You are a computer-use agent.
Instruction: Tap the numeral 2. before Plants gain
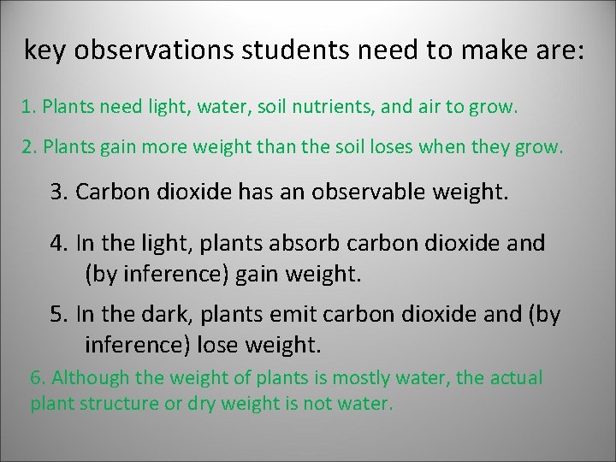pyautogui.click(x=29, y=147)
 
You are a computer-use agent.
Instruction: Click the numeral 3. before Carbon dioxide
pyautogui.click(x=60, y=192)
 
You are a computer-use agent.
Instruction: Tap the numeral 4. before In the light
pyautogui.click(x=60, y=243)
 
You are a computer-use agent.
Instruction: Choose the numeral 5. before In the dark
pyautogui.click(x=60, y=314)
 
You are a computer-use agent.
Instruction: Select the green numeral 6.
pyautogui.click(x=38, y=378)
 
